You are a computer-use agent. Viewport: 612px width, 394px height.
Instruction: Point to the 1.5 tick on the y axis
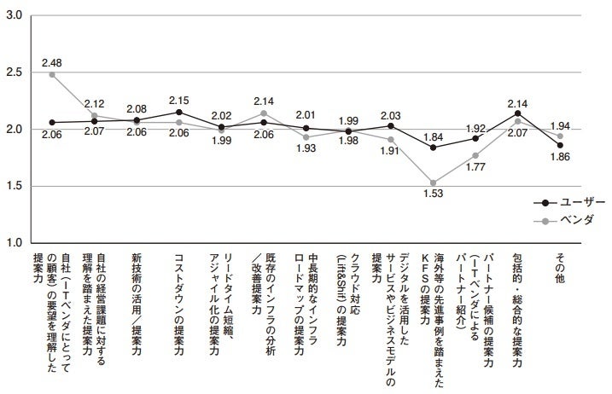pos(14,186)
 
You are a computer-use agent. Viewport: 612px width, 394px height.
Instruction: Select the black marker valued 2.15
pos(178,112)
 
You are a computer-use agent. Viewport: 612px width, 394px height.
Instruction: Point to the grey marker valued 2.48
pos(52,74)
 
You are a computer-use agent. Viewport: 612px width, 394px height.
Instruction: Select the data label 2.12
pos(94,103)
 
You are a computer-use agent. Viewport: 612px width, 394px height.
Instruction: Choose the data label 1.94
pos(561,124)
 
